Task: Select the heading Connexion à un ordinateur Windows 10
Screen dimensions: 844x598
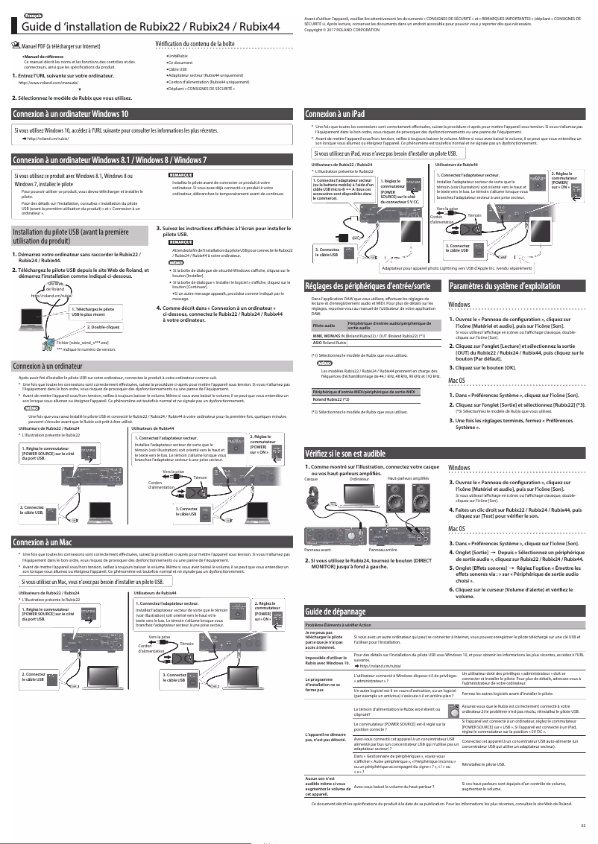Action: point(70,114)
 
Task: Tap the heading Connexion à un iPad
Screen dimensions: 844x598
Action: point(335,114)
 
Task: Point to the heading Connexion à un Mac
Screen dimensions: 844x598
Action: point(48,542)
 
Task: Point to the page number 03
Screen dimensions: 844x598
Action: point(583,823)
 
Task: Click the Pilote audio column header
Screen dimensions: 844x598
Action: point(324,326)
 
